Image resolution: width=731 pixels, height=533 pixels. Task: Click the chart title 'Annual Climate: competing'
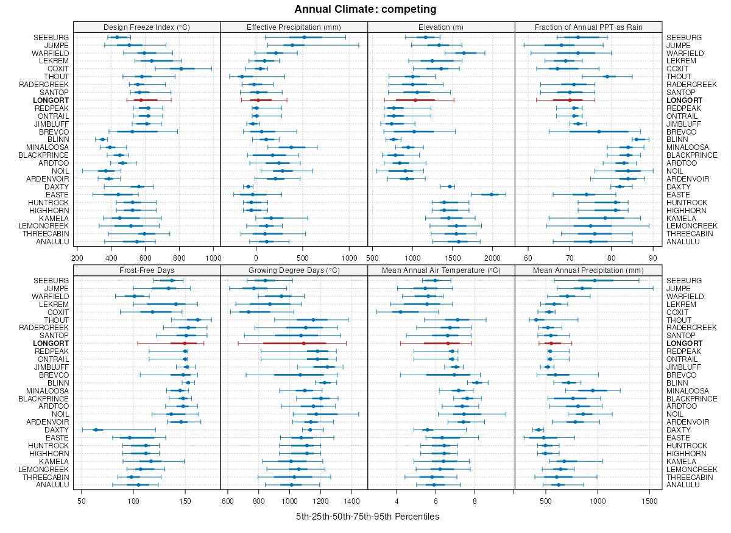pyautogui.click(x=365, y=9)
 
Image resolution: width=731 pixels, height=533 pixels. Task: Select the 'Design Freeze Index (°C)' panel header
pyautogui.click(x=147, y=27)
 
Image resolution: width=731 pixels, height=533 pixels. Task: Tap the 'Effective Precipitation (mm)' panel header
pyautogui.click(x=294, y=27)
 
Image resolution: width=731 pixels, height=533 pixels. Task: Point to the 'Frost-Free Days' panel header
pyautogui.click(x=147, y=270)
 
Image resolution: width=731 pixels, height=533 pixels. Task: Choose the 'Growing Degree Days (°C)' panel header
pyautogui.click(x=294, y=270)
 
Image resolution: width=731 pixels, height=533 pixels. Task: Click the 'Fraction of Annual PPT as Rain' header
pyautogui.click(x=588, y=27)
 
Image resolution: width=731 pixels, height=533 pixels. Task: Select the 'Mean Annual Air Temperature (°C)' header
pyautogui.click(x=441, y=270)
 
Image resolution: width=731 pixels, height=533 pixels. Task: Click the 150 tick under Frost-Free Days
pyautogui.click(x=186, y=501)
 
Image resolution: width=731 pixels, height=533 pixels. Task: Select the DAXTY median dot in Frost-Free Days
pyautogui.click(x=96, y=430)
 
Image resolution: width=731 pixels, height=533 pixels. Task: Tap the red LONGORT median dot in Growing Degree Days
pyautogui.click(x=303, y=344)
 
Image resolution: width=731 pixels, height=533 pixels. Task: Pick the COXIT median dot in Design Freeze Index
pyautogui.click(x=181, y=69)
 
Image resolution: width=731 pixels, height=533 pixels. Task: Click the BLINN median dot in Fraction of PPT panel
pyautogui.click(x=637, y=139)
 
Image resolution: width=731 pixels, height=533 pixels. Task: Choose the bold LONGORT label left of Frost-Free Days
pyautogui.click(x=52, y=344)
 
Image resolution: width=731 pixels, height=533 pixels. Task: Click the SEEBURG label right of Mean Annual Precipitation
pyautogui.click(x=683, y=280)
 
